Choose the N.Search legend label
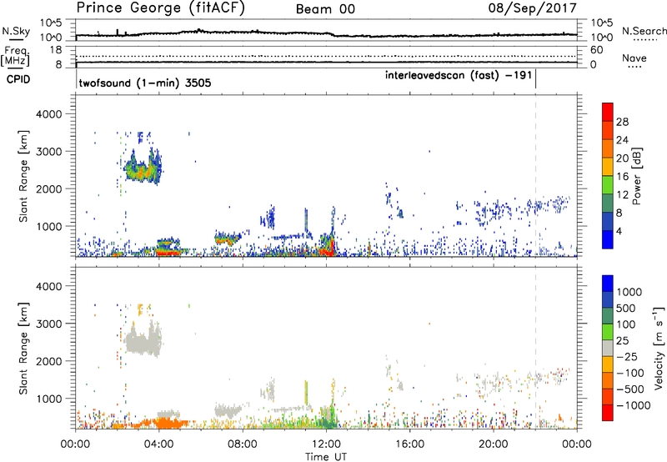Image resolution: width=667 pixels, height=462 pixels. [644, 30]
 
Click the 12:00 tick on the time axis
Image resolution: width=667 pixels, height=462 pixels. [326, 443]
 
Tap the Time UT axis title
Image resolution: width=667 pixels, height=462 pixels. [326, 455]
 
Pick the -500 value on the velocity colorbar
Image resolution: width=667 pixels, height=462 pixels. [625, 387]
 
